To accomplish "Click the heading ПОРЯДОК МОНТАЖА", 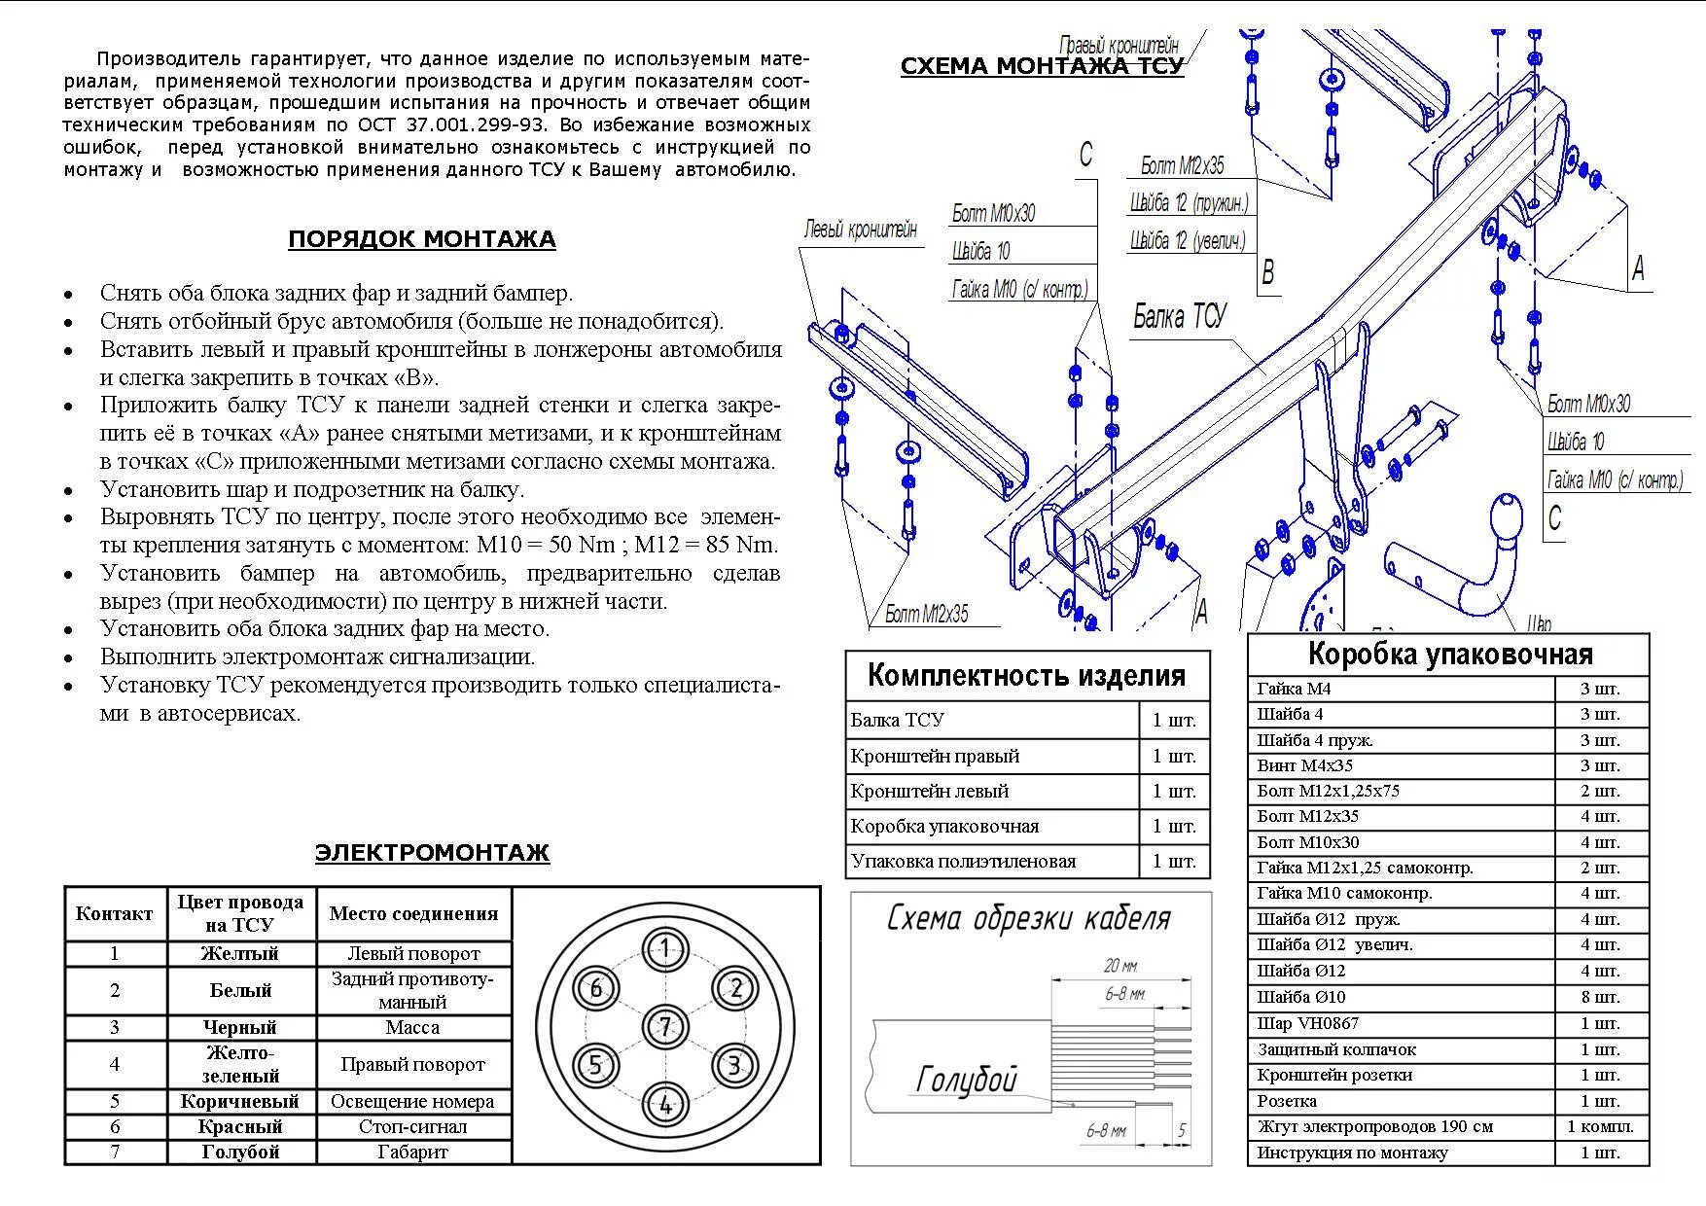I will (421, 239).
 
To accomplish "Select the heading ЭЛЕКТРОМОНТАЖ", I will (432, 853).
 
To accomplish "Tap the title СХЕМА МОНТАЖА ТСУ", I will (1042, 66).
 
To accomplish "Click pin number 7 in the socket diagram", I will (665, 1026).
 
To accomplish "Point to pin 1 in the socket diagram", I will (665, 949).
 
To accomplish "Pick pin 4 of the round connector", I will (665, 1104).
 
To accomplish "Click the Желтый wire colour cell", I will (240, 954).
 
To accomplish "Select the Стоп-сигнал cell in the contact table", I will (412, 1127).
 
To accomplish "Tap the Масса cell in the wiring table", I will (412, 1027).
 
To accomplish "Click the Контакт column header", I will (115, 913).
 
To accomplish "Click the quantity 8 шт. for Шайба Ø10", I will (1600, 997).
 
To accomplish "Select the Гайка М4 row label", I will (1294, 689).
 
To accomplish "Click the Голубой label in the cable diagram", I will (966, 1080).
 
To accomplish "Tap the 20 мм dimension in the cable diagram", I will (1120, 966).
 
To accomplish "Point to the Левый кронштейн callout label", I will (860, 231).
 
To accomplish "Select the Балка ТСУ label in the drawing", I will (1179, 317).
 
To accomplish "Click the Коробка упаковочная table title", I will (1448, 655).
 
